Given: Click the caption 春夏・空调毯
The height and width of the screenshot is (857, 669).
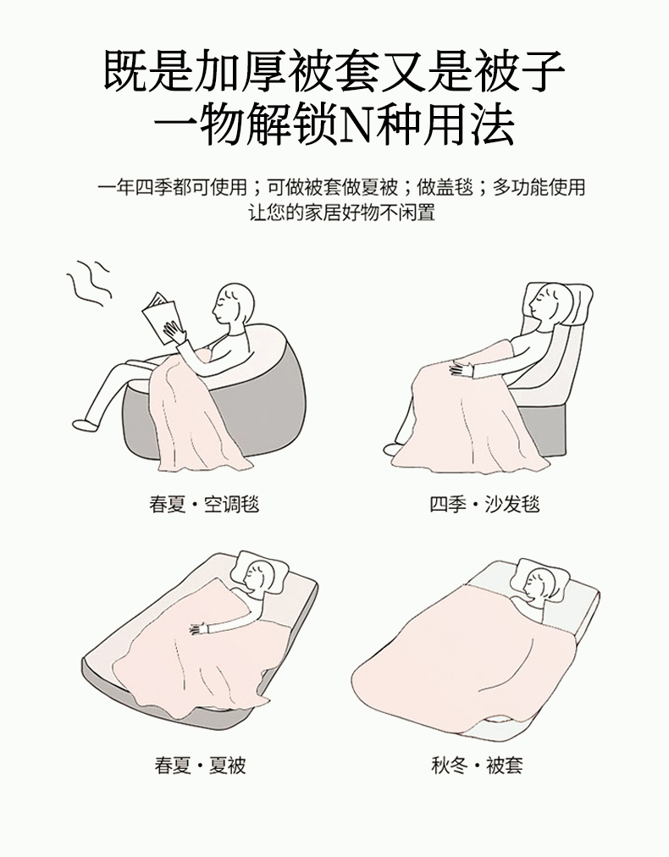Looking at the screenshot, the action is click(x=204, y=503).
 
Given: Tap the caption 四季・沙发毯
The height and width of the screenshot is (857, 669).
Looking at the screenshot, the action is click(x=484, y=503).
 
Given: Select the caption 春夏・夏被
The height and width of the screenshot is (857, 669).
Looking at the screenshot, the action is click(x=200, y=764).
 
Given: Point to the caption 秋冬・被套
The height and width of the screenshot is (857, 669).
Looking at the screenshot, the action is click(x=477, y=764).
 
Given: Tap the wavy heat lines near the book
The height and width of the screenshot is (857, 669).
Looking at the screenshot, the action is click(x=89, y=282).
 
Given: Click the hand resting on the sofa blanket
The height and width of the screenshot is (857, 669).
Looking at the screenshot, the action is click(x=462, y=368).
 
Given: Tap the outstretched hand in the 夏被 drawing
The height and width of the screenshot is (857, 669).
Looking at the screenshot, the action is click(x=201, y=628).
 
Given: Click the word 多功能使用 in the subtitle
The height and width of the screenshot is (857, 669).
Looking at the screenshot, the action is click(x=539, y=187).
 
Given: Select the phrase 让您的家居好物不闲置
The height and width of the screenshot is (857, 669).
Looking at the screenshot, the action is click(x=343, y=212).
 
